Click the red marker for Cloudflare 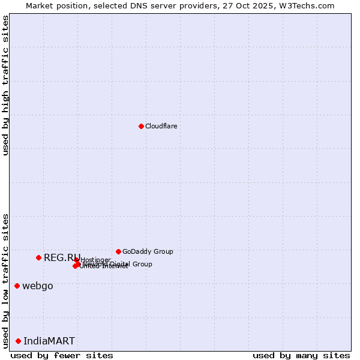click(141, 126)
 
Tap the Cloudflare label click(161, 126)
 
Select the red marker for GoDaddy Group click(118, 251)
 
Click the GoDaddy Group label click(148, 251)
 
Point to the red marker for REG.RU click(38, 257)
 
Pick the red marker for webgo click(17, 286)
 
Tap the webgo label click(37, 286)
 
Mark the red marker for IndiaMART click(18, 341)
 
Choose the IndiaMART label click(49, 341)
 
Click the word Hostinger click(95, 260)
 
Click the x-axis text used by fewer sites click(62, 355)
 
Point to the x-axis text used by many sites click(301, 355)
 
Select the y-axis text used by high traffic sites click(5, 85)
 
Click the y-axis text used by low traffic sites click(5, 281)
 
